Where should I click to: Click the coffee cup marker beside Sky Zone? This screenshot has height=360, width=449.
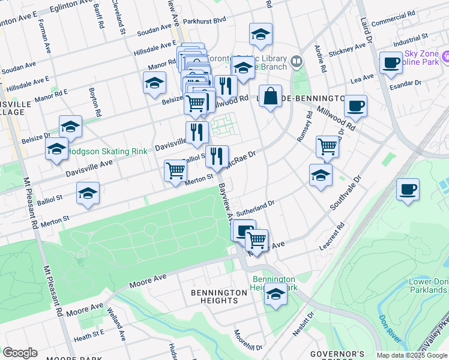click(391, 63)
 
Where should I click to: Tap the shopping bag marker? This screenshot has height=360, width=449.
click(271, 96)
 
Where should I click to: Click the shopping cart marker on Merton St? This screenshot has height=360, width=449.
click(175, 170)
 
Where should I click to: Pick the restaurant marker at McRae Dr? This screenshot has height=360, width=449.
click(217, 156)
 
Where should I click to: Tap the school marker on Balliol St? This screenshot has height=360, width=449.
click(88, 194)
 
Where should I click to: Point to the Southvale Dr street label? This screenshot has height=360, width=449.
click(346, 193)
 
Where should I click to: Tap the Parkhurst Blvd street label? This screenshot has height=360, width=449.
click(205, 20)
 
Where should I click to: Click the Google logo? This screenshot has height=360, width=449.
click(20, 353)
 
